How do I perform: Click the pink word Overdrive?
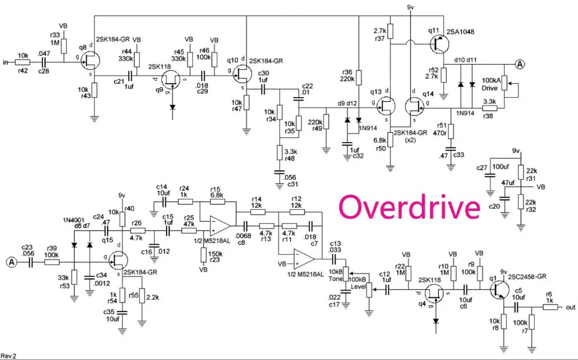(409, 206)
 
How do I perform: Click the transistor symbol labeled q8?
(90, 59)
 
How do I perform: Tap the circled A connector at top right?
(519, 64)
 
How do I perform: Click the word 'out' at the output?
(571, 307)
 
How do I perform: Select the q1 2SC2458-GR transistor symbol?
(500, 291)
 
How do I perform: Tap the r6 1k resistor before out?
(549, 307)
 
